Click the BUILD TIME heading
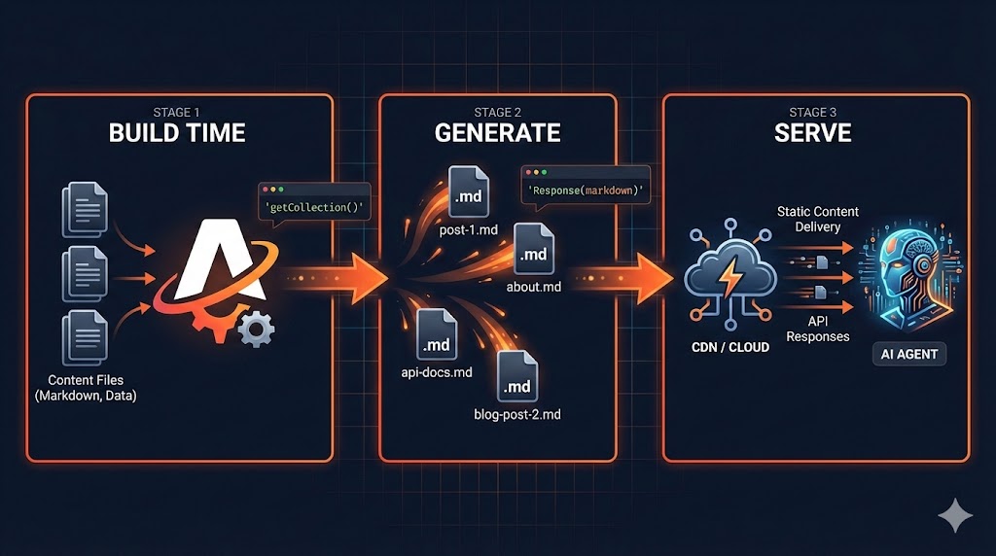177,133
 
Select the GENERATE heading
497,133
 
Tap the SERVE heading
813,133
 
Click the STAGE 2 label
497,112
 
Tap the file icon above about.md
534,249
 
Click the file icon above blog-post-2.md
517,378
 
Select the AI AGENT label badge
909,354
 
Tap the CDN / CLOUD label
729,347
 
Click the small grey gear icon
256,330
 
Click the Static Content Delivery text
818,220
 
